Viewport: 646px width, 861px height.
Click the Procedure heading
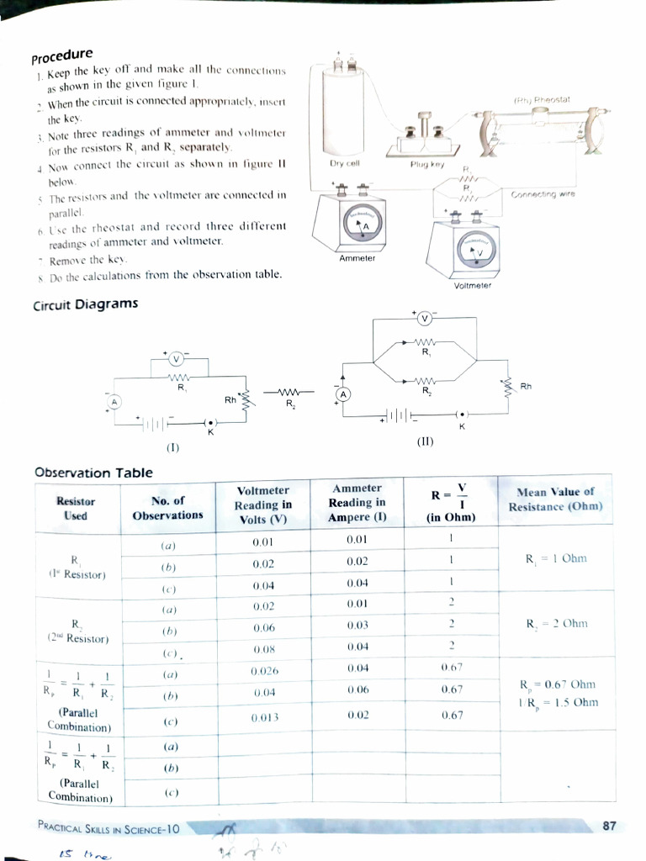[62, 56]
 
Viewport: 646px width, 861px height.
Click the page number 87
[610, 827]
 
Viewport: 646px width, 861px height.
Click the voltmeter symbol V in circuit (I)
[176, 359]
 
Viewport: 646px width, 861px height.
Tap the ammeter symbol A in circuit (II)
[342, 394]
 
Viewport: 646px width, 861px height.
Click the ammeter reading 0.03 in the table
[357, 626]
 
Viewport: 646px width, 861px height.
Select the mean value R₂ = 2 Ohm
[556, 624]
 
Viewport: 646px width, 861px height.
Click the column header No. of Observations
[167, 508]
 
